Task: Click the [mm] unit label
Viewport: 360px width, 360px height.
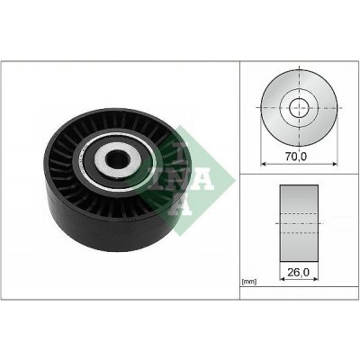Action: tap(249, 283)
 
